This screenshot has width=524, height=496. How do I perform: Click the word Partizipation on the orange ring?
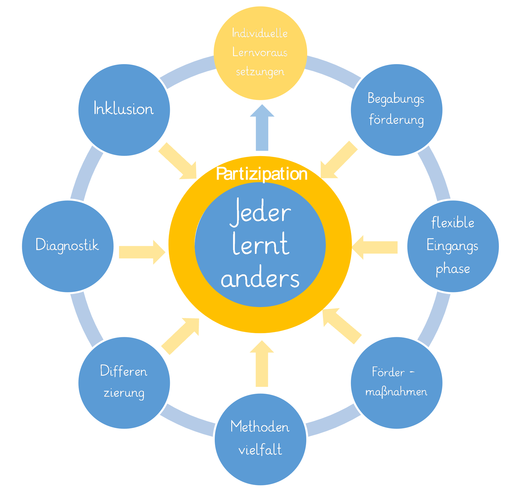[x=262, y=174]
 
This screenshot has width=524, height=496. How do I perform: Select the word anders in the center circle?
[x=260, y=278]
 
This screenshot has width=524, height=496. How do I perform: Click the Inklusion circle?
[x=124, y=110]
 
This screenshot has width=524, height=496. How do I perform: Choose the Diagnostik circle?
[x=68, y=246]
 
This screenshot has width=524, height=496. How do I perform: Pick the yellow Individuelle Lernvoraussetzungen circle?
[x=260, y=53]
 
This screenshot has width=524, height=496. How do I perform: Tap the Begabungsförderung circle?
[x=396, y=110]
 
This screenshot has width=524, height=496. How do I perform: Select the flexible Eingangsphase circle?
[x=453, y=246]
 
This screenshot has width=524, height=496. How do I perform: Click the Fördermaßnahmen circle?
[x=396, y=383]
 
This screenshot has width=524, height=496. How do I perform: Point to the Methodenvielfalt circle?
[x=260, y=439]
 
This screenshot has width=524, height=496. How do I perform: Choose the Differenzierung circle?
[x=124, y=383]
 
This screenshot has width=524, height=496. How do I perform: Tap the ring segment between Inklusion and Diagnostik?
[x=86, y=173]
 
